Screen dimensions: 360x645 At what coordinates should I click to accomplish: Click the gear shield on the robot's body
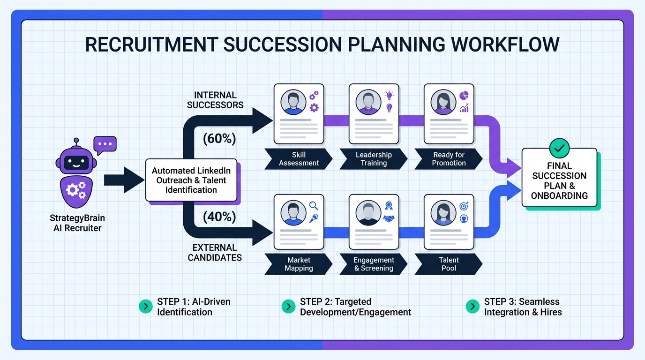[75, 189]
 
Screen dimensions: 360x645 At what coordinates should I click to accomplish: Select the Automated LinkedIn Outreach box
[191, 180]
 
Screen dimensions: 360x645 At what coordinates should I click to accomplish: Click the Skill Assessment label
[299, 159]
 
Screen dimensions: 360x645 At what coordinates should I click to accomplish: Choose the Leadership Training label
[374, 159]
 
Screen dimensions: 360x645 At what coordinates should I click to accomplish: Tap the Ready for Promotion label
[449, 159]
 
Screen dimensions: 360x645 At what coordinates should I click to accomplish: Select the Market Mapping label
[299, 264]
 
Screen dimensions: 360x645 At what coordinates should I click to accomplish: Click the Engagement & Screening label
[374, 264]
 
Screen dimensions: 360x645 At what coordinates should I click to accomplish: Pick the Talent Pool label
[449, 264]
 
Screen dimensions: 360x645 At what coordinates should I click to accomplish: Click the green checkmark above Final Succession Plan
[559, 148]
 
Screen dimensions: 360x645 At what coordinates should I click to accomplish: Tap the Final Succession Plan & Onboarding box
[559, 180]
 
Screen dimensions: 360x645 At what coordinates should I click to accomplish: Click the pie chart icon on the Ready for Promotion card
[465, 95]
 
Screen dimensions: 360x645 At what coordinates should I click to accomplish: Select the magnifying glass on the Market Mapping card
[314, 205]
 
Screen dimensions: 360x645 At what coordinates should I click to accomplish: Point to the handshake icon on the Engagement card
[389, 218]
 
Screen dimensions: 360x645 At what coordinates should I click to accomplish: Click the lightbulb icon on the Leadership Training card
[389, 96]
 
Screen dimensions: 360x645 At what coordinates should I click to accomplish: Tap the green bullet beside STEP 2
[288, 307]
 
